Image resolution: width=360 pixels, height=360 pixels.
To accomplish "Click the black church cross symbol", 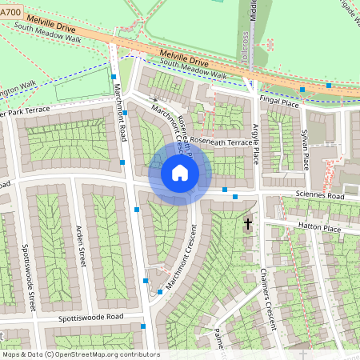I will pyautogui.click(x=248, y=224).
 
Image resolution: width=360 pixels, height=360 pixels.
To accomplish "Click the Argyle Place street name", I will pyautogui.click(x=257, y=143).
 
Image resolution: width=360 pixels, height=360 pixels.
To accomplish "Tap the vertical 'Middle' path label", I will pyautogui.click(x=253, y=16).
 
